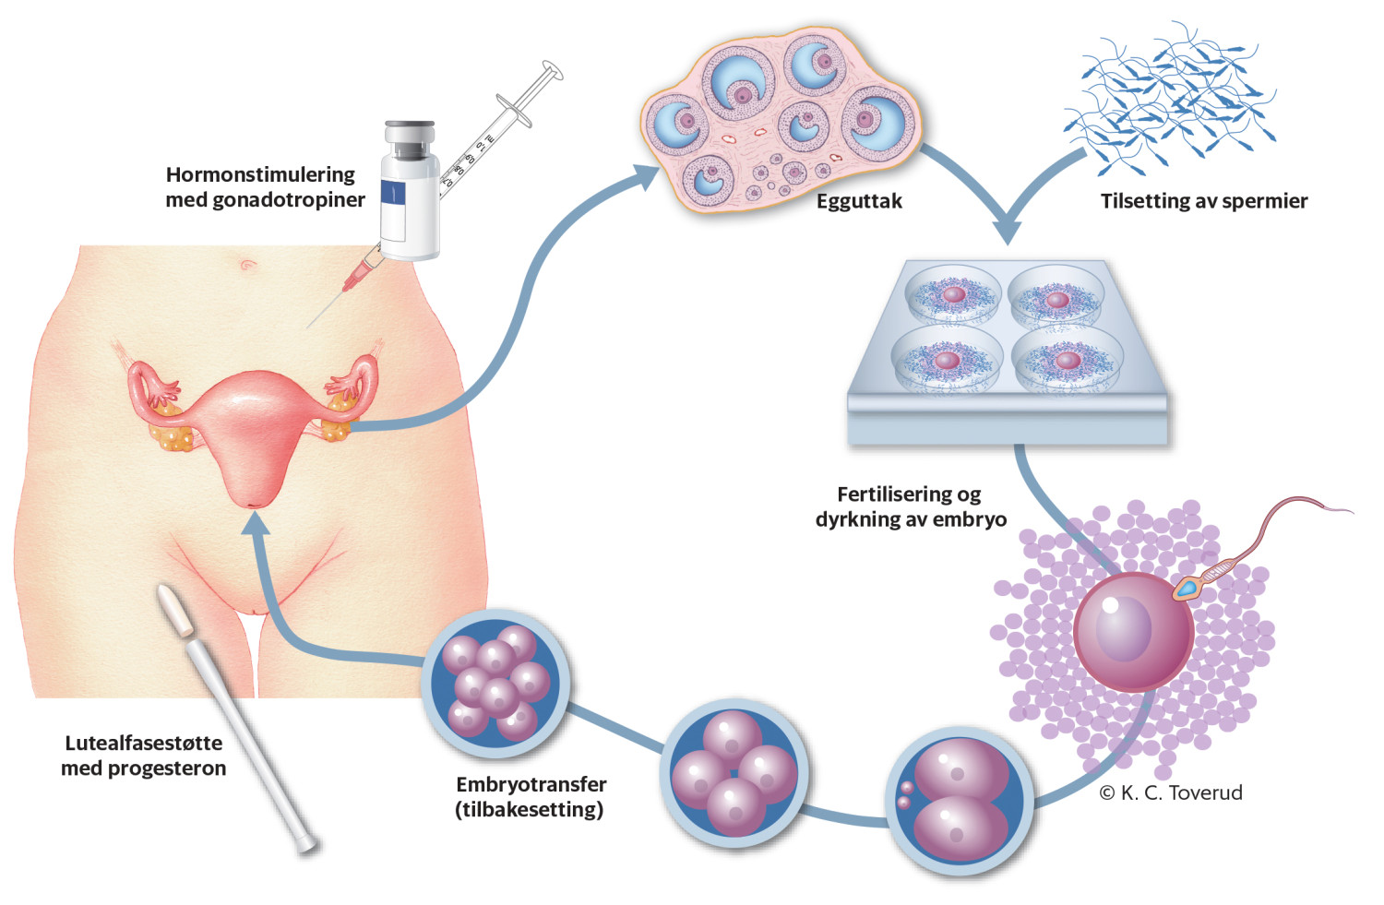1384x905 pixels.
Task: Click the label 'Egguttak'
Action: tap(859, 201)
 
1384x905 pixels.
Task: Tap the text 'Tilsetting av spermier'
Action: tap(1203, 201)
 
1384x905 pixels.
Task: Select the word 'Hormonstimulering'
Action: tap(260, 174)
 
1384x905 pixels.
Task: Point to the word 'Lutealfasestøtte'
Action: tap(143, 743)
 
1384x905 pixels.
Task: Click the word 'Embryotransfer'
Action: tap(531, 784)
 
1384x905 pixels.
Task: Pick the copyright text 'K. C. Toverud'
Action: tap(1180, 792)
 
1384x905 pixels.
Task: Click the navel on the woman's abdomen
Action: tap(247, 266)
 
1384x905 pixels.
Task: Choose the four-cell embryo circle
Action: tap(734, 771)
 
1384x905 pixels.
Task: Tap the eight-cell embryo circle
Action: tap(495, 684)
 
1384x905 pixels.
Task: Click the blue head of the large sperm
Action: tap(1187, 588)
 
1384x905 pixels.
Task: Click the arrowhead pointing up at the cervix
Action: tap(256, 523)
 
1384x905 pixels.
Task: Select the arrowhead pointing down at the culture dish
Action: tap(1008, 231)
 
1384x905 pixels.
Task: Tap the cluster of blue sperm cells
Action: tap(1170, 97)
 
